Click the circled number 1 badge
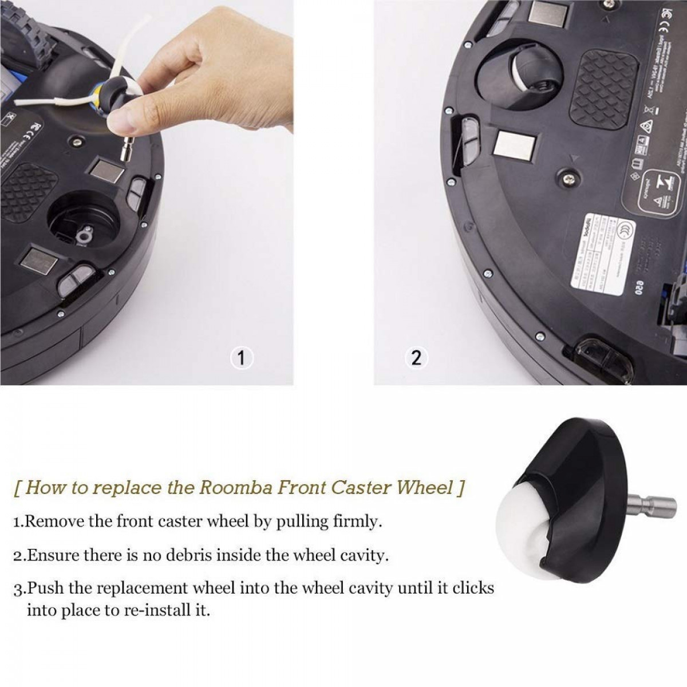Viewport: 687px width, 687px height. click(242, 358)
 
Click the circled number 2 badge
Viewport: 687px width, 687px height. click(416, 358)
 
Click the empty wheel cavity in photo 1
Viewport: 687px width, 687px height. click(80, 220)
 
